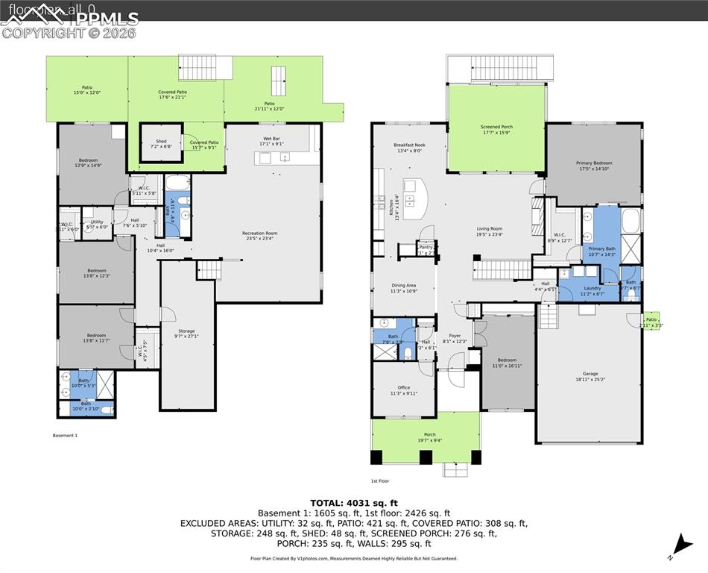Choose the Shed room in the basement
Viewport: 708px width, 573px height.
point(162,143)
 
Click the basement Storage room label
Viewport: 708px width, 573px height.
point(186,334)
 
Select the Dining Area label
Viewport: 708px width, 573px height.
point(404,287)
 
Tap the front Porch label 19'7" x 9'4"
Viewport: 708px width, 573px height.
point(430,437)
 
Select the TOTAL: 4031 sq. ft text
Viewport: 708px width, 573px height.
point(354,502)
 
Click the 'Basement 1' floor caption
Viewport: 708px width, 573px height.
point(65,435)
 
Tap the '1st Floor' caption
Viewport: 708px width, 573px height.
point(380,481)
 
